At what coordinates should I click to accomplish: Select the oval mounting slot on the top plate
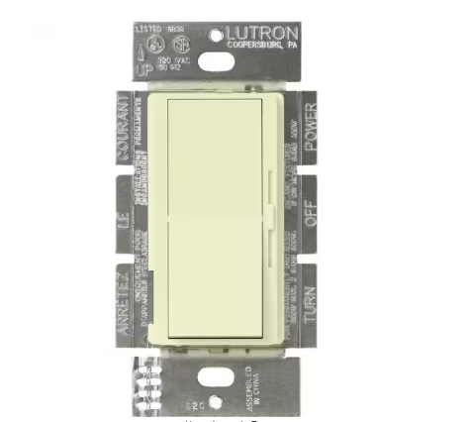pos(216,61)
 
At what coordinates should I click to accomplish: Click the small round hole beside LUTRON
pos(219,35)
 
